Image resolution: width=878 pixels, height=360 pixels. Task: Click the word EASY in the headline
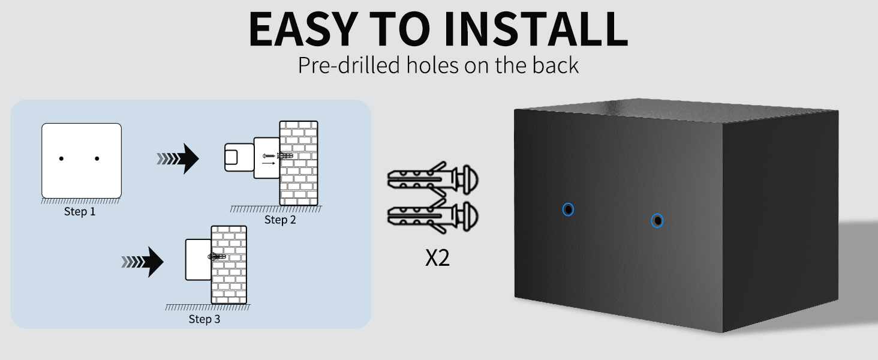click(x=303, y=29)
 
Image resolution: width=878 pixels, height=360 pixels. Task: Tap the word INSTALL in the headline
click(x=536, y=29)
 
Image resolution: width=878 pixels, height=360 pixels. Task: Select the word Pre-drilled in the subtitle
click(x=349, y=65)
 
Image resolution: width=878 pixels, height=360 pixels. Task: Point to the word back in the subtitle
click(x=555, y=65)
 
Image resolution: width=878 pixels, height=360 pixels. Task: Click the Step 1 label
click(x=80, y=212)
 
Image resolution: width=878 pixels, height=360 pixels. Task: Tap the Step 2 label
click(x=280, y=220)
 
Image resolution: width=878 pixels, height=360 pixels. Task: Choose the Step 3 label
click(x=205, y=319)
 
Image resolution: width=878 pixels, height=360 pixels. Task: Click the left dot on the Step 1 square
click(x=61, y=158)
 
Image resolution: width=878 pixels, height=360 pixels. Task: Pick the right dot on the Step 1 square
click(x=97, y=158)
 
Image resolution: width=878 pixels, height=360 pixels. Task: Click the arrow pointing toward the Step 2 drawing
click(x=178, y=159)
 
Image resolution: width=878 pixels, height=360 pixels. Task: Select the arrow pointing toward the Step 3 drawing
click(x=143, y=262)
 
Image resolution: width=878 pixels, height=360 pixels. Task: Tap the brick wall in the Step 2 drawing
click(x=299, y=163)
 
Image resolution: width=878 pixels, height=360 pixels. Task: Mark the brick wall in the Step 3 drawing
click(x=229, y=265)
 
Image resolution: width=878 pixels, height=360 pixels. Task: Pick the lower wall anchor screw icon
click(x=433, y=216)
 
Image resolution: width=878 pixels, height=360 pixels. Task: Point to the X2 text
click(x=437, y=258)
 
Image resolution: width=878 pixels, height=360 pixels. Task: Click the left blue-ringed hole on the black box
click(x=568, y=210)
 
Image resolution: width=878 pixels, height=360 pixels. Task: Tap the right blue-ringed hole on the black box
click(x=657, y=221)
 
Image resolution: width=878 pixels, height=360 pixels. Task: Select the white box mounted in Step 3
click(x=199, y=260)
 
